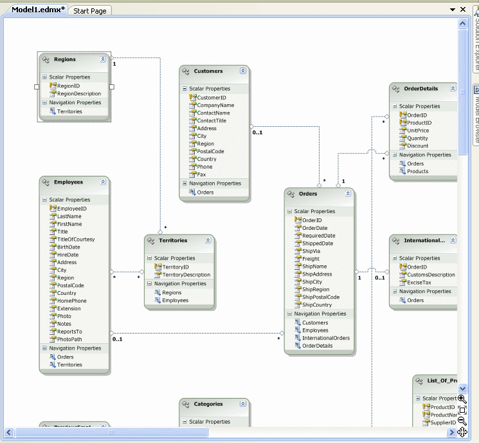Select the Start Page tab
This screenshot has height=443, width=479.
90,11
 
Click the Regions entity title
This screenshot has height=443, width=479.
65,59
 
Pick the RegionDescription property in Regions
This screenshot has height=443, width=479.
78,93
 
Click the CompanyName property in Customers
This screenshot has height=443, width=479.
215,106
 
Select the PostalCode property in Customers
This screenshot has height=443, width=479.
210,151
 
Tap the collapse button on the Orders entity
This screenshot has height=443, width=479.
348,193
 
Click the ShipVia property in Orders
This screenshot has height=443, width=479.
311,251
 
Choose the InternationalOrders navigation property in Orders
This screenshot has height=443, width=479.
326,338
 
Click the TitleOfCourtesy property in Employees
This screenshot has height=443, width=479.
75,240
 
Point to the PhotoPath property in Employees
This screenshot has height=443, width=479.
69,339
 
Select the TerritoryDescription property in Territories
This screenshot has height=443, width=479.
186,275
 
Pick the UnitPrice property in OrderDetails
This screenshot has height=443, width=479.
418,131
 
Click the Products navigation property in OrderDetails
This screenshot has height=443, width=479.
417,171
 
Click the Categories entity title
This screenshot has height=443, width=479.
208,404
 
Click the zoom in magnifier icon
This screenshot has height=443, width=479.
462,399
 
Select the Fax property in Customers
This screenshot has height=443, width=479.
201,174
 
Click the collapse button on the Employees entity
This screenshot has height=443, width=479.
104,182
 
